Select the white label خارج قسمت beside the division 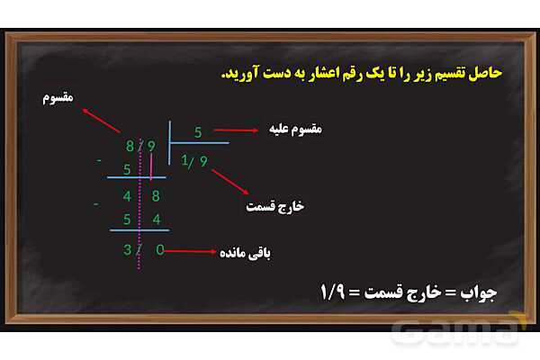click(275, 206)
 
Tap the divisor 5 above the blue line click(198, 131)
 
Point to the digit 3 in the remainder click(128, 249)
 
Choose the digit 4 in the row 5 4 click(159, 219)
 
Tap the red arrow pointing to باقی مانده click(191, 251)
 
